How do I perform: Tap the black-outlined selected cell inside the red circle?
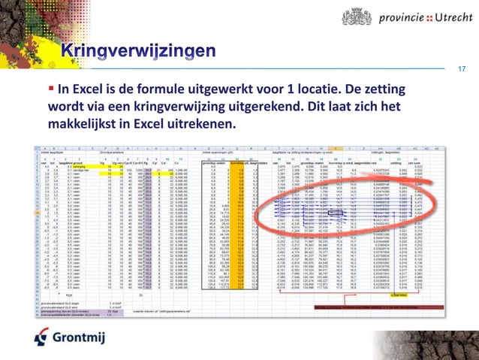tap(334, 213)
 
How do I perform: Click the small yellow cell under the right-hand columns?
tap(398, 295)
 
